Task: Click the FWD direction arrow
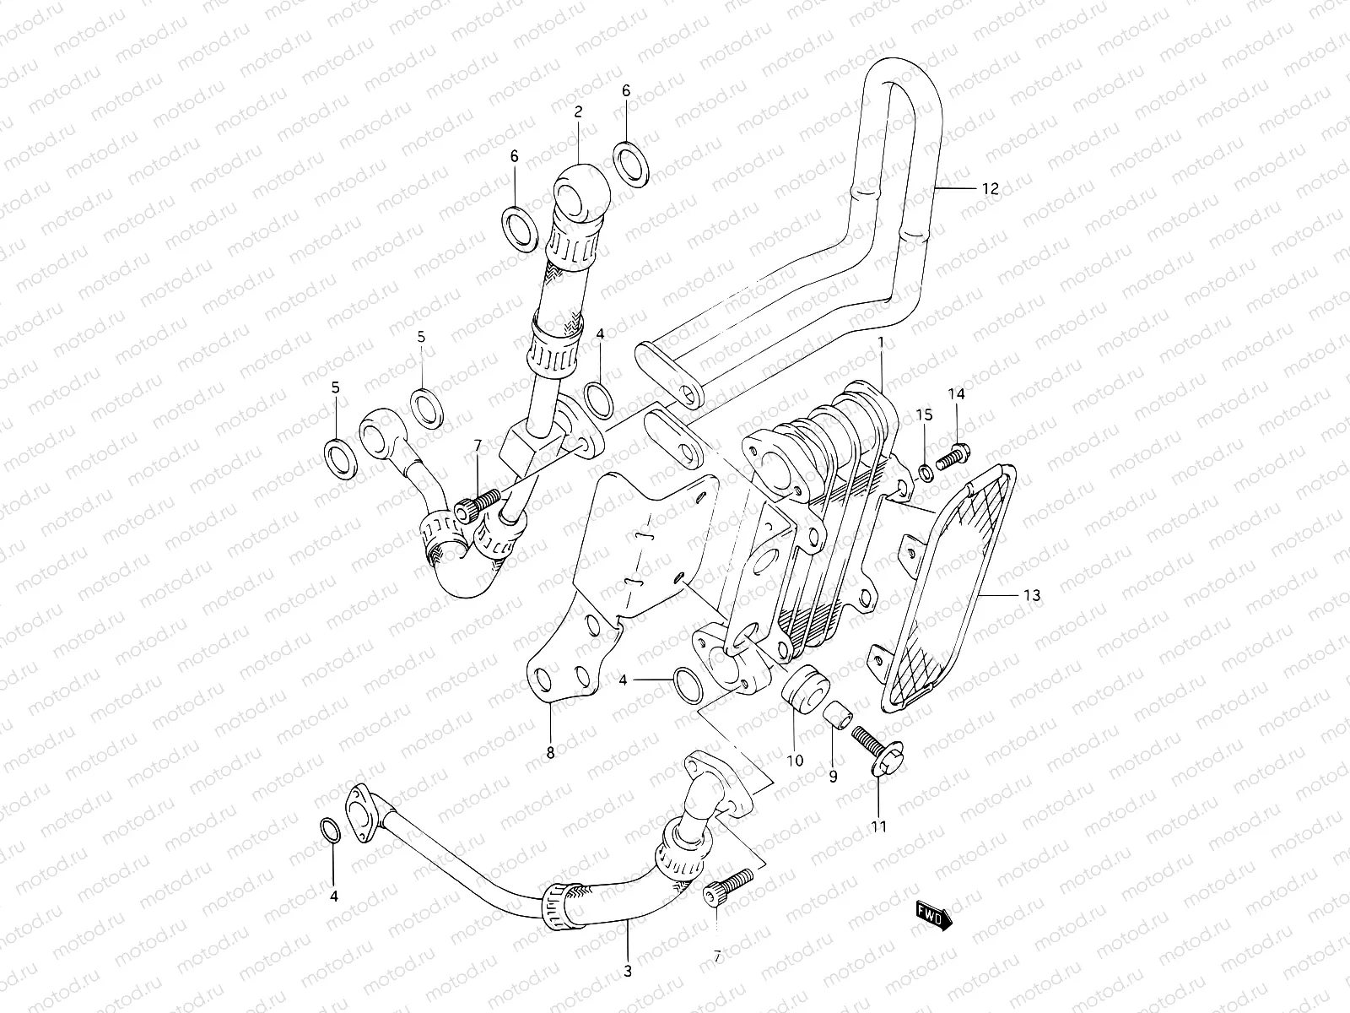(934, 914)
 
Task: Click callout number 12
(990, 188)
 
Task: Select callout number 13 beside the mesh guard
(1031, 595)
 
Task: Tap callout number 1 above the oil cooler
(880, 344)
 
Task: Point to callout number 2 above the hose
(579, 111)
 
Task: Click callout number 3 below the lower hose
(628, 972)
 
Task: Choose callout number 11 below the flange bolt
(879, 826)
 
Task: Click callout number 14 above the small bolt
(956, 393)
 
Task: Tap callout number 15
(925, 414)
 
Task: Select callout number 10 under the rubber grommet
(795, 761)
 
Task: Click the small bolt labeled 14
(953, 456)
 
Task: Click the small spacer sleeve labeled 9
(835, 714)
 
